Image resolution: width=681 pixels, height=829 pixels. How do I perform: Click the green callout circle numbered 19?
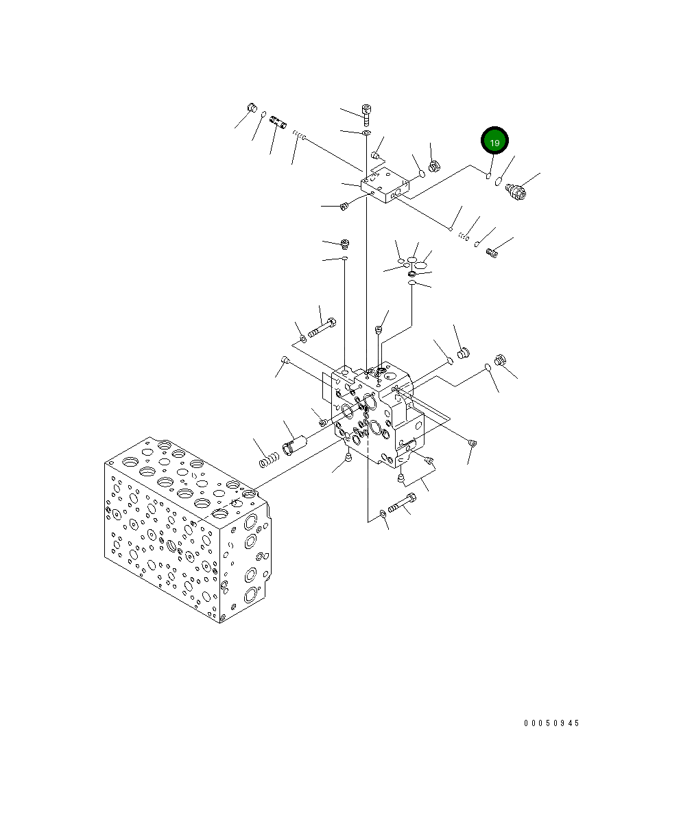(x=494, y=141)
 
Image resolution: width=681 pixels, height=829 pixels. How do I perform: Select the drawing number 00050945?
(x=551, y=723)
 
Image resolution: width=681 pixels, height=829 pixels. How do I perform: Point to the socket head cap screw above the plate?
(x=367, y=114)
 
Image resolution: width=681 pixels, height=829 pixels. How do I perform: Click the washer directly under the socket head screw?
(x=367, y=132)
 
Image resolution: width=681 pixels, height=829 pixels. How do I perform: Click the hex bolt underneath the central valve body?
(x=402, y=504)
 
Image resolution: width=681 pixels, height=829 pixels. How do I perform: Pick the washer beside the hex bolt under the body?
(x=382, y=513)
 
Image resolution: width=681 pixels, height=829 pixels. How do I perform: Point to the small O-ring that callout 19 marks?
(x=488, y=176)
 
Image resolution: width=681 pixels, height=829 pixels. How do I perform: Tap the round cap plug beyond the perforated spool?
(x=251, y=107)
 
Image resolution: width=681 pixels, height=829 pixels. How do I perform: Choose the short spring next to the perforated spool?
(x=298, y=135)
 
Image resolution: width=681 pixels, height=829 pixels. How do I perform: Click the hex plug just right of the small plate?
(x=433, y=166)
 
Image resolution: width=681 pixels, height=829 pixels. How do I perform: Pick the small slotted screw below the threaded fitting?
(x=491, y=253)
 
